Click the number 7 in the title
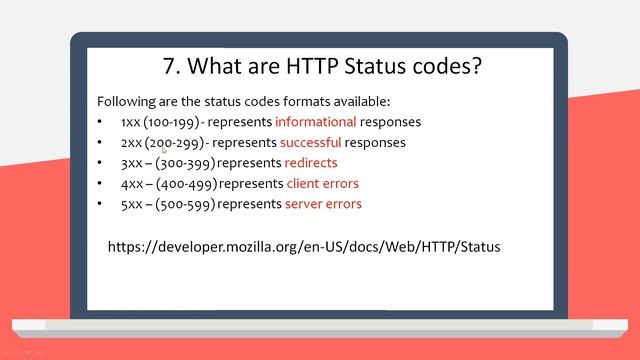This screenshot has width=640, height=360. point(169,67)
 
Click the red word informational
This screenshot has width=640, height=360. point(315,122)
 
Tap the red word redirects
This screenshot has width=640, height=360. point(311,163)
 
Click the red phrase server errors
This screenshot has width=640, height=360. point(323,204)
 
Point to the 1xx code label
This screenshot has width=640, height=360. point(130,122)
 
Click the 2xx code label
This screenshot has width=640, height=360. point(131,143)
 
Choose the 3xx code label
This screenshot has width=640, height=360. point(131,163)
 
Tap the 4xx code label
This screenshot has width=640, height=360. point(131,184)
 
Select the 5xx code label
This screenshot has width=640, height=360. point(131,204)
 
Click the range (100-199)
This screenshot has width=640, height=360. point(173,122)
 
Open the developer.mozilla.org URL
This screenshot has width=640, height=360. point(303,246)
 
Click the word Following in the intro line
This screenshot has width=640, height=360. point(126,102)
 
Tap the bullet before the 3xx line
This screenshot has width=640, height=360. point(100,163)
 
